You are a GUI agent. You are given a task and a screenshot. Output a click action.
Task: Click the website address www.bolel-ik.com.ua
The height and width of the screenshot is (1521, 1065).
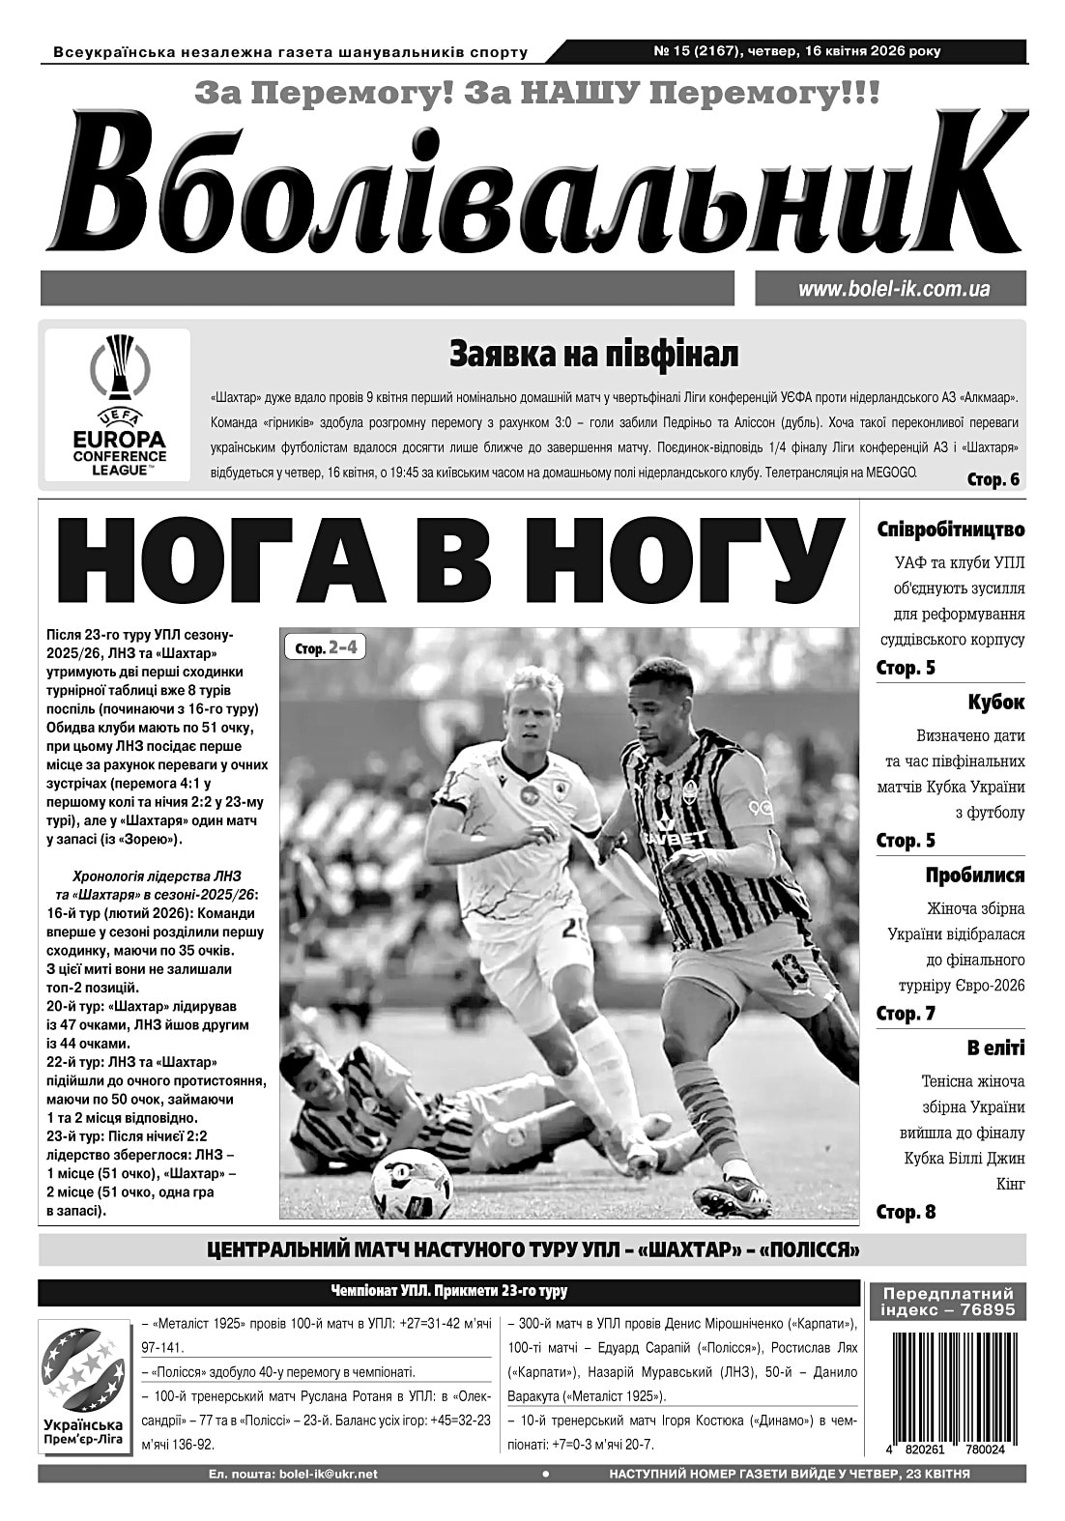[x=893, y=289]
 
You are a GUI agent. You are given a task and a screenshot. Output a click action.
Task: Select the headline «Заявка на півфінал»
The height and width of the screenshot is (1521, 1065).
[x=593, y=355]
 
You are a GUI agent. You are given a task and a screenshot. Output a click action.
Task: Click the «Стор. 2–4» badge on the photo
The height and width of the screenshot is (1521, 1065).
[x=325, y=647]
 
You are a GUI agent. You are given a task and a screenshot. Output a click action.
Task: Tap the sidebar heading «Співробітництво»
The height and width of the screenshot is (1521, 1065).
[x=950, y=531]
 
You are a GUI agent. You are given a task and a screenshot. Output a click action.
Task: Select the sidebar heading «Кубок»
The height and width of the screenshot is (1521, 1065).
[x=995, y=703]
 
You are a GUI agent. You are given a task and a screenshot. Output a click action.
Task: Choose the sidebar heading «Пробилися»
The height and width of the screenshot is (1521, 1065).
[x=974, y=875]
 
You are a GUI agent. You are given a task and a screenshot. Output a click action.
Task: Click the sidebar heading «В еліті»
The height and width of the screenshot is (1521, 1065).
[x=994, y=1048]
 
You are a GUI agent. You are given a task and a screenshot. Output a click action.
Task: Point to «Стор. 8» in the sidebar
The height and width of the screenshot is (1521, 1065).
[x=906, y=1212]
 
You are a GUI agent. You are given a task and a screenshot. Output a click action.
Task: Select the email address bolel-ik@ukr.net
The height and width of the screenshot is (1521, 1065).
[x=327, y=1474]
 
